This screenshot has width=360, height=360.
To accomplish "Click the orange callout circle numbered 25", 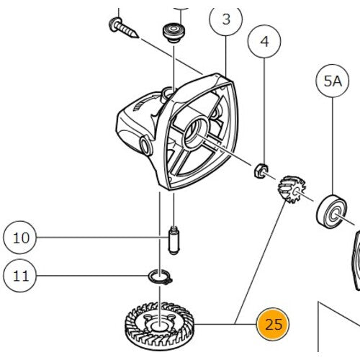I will coord(274,323).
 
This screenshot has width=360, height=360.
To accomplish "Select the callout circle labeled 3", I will coord(227,19).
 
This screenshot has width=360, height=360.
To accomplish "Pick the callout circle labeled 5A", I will coord(332,84).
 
